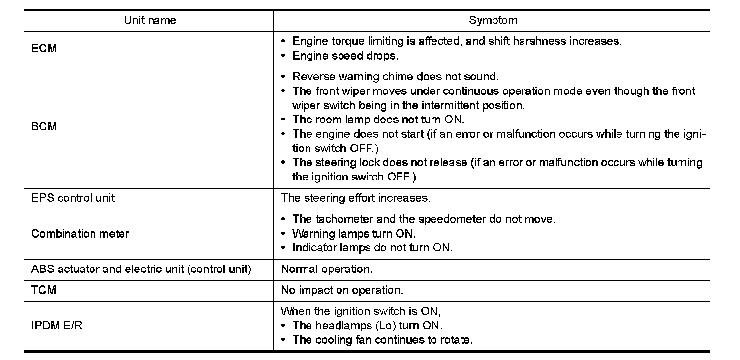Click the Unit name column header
click(x=150, y=21)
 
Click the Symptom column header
click(x=493, y=21)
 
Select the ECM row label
click(x=44, y=49)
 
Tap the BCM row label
click(x=44, y=126)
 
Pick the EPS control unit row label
click(x=73, y=198)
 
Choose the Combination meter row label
click(x=80, y=233)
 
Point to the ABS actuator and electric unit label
click(x=141, y=270)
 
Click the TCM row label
click(x=44, y=290)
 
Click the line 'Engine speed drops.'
click(x=345, y=56)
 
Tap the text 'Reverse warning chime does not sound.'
click(x=395, y=77)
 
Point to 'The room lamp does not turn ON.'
click(x=378, y=120)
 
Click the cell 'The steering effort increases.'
click(x=355, y=198)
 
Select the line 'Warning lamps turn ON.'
click(x=353, y=234)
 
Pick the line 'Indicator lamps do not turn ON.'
click(x=372, y=248)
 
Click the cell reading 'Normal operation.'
click(x=327, y=270)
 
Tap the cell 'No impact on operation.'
click(x=342, y=290)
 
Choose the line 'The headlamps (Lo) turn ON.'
click(x=367, y=325)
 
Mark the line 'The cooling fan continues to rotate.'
click(x=382, y=340)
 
